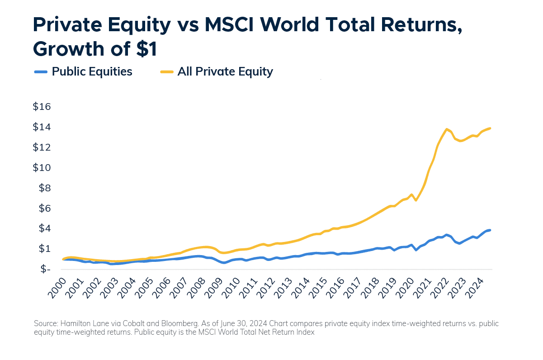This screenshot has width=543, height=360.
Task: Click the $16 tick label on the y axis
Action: (42, 107)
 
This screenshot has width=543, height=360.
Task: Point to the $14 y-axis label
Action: (42, 127)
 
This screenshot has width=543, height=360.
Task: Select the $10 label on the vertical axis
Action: (42, 168)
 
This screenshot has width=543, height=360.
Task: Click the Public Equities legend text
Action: (92, 71)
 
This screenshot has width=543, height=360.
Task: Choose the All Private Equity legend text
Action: (225, 71)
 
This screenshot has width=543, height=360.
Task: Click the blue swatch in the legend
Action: (41, 71)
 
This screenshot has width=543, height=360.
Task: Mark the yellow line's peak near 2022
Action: (447, 129)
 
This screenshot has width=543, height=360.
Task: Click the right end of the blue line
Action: (490, 230)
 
